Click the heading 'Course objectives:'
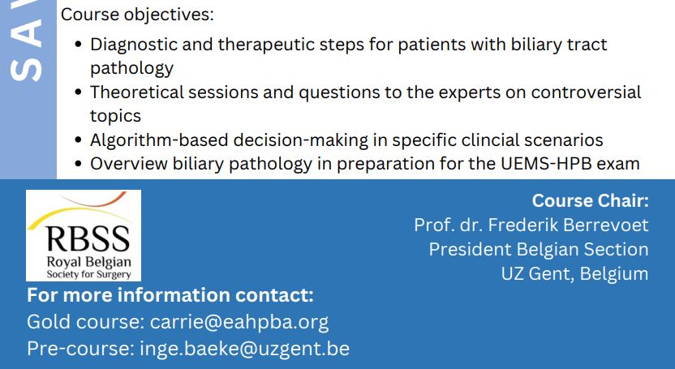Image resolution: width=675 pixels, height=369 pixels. [137, 15]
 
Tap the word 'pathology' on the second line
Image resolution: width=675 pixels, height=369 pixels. [131, 68]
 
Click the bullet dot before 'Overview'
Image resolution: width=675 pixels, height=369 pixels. [78, 164]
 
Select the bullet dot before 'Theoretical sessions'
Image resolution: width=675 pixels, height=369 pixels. [78, 92]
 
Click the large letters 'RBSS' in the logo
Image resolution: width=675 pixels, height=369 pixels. [88, 239]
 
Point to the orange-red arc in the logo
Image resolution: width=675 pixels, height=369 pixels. [96, 200]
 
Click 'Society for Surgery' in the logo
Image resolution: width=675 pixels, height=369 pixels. [88, 274]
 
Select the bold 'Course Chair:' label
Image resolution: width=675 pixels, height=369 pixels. [590, 201]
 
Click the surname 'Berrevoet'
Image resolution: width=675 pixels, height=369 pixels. [606, 225]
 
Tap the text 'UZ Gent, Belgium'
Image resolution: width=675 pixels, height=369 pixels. [574, 274]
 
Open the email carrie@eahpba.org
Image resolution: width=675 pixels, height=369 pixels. [239, 322]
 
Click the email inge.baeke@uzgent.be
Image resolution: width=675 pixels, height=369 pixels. [244, 349]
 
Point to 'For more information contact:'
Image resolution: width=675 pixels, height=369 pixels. [170, 295]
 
